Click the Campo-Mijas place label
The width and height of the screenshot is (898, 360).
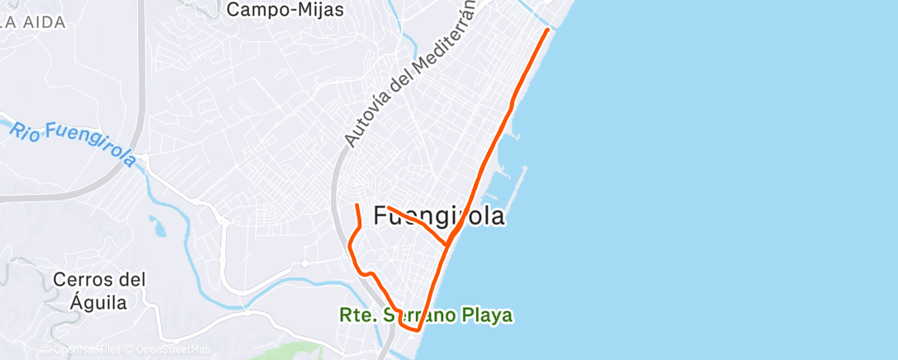pos(285,10)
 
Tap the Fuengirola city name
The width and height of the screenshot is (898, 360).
pos(439,216)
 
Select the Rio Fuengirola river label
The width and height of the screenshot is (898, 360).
pos(73,142)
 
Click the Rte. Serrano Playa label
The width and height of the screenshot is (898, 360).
pos(426,315)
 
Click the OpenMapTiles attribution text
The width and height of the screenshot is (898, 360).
pos(80,349)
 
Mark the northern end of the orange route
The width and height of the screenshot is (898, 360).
pos(547,30)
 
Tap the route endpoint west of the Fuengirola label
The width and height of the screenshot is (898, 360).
pos(356,205)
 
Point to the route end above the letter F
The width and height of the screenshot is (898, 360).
pos(388,207)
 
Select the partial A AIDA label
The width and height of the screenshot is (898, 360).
pos(33,22)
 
